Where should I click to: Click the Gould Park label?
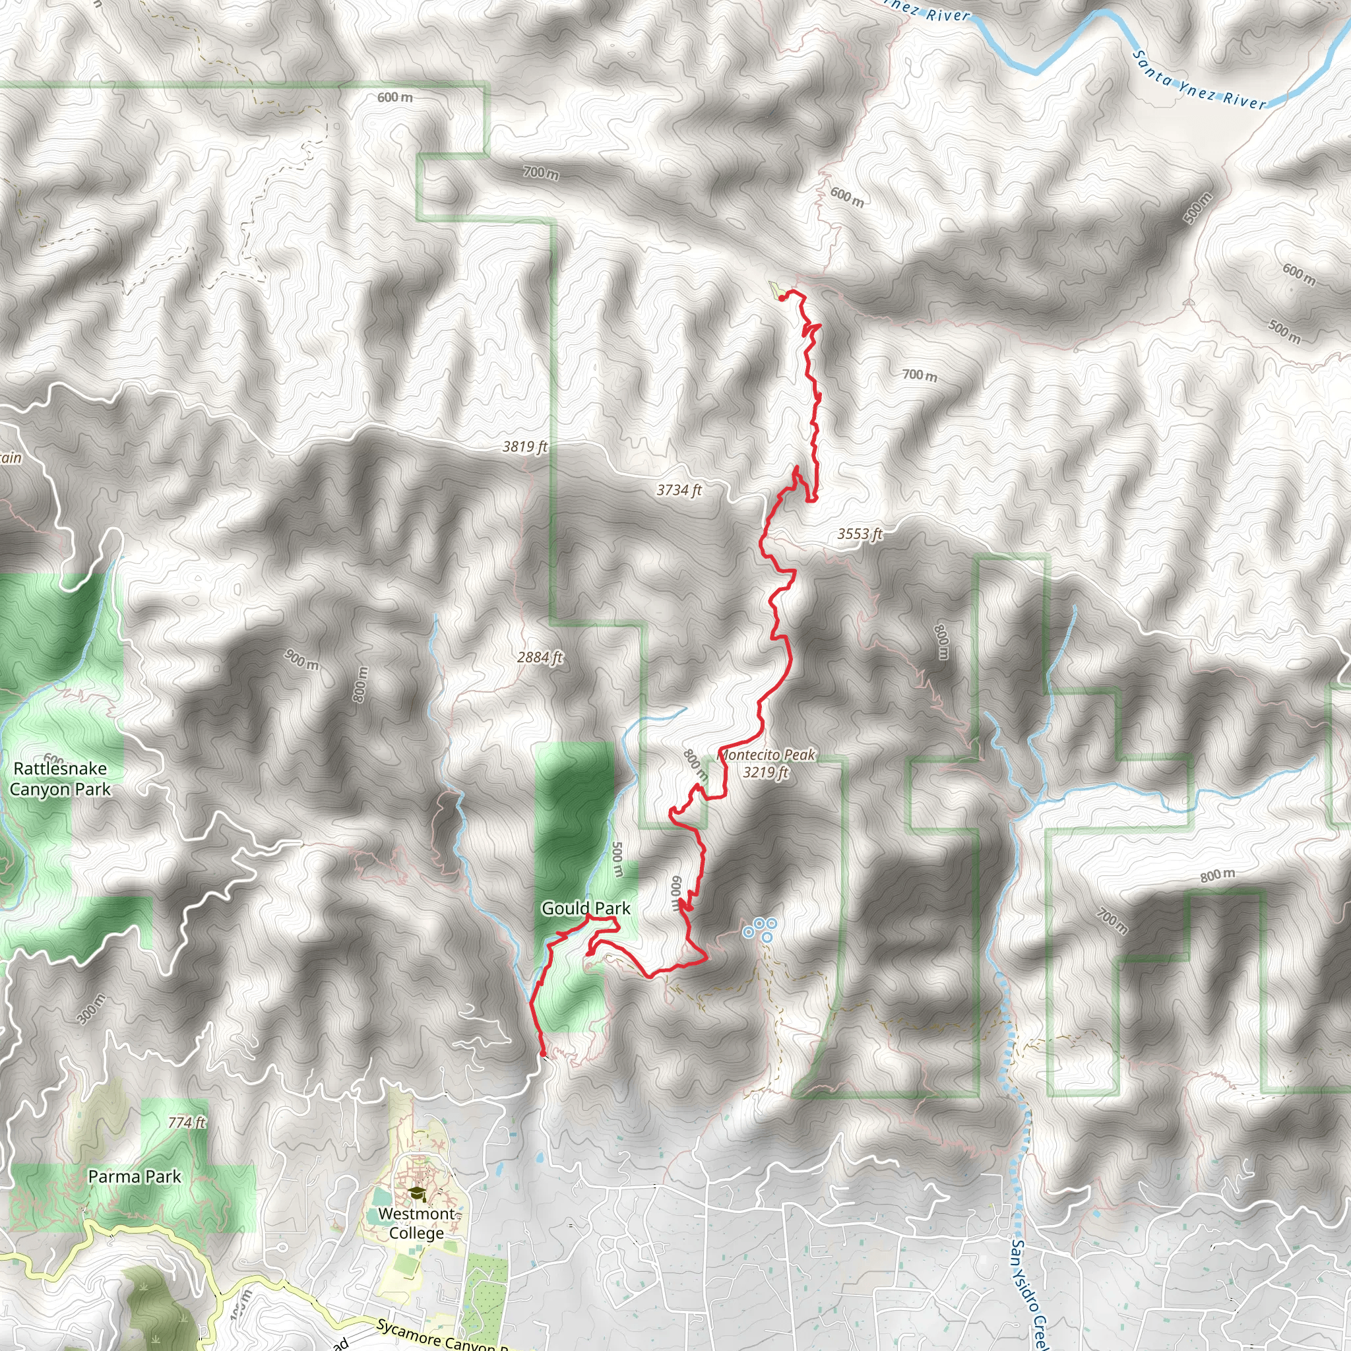tap(585, 908)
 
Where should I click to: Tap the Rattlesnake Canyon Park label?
tap(60, 779)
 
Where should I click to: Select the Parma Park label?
tap(135, 1177)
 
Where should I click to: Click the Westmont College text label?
tap(417, 1224)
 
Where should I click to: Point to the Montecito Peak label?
tap(767, 755)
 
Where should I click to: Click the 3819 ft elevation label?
tap(524, 446)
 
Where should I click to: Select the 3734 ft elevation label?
tap(678, 490)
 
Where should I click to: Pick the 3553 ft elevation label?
tap(860, 534)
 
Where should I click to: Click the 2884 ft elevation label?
tap(540, 657)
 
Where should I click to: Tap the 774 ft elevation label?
tap(187, 1122)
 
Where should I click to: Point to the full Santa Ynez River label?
tap(1199, 80)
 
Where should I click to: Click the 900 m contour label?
tap(301, 660)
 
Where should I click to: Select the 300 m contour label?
tap(91, 1009)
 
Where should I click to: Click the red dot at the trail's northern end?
tap(781, 298)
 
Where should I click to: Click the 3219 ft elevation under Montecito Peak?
tap(765, 772)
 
